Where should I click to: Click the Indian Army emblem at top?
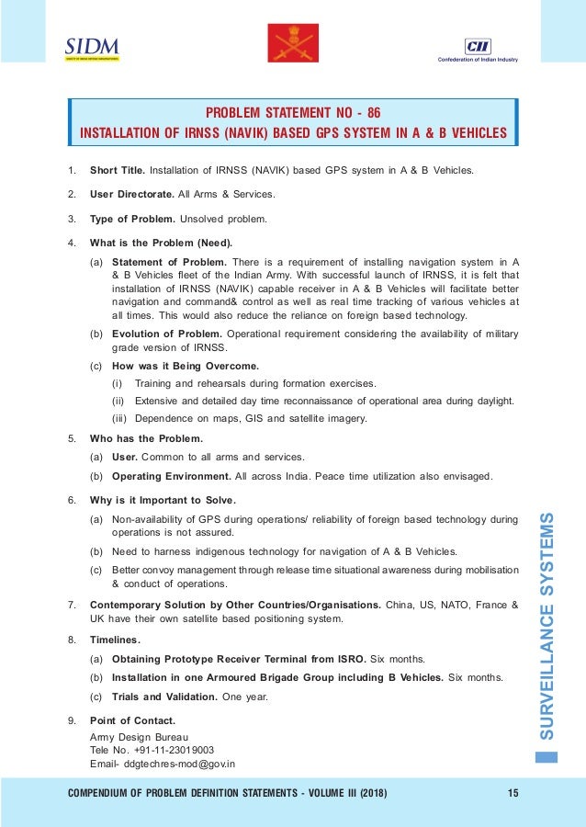292,45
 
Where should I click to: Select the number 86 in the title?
372,113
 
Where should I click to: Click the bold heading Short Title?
117,171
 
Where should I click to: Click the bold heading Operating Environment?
171,475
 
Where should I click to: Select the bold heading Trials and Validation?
163,696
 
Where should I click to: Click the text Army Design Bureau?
139,737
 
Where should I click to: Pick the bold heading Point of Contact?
132,719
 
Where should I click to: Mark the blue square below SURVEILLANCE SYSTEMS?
547,758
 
